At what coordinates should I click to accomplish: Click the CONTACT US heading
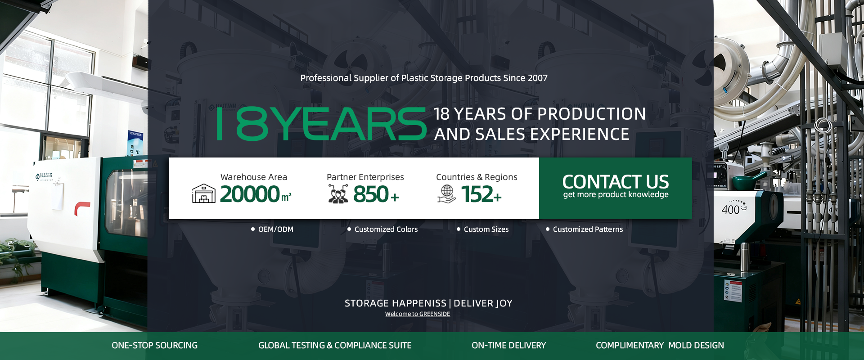pos(616,182)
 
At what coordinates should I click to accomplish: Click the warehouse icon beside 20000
pos(204,193)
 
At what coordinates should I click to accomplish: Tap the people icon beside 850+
pos(338,194)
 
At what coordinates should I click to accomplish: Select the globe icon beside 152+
pos(447,194)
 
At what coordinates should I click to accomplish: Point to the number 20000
pos(250,194)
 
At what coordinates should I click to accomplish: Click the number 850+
pos(376,194)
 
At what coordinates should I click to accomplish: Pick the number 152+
pos(481,194)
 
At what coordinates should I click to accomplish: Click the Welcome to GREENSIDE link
pos(418,314)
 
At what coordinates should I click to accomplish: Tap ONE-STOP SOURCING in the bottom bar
pos(154,346)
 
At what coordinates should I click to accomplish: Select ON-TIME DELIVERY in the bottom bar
pos(508,346)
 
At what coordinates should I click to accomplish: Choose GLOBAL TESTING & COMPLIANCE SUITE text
pos(335,346)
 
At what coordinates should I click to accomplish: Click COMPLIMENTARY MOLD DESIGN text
pos(660,346)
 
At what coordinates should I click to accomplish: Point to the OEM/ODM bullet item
pos(272,229)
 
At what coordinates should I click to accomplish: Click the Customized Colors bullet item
pos(382,229)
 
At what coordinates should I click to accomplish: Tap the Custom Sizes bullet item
pos(482,229)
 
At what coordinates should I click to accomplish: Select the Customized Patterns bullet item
pos(584,229)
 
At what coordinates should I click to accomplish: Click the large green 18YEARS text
pos(321,124)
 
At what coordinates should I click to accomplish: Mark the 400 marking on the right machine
pos(730,210)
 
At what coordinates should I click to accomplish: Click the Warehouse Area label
pos(254,177)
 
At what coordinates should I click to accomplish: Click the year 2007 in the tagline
pos(538,78)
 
